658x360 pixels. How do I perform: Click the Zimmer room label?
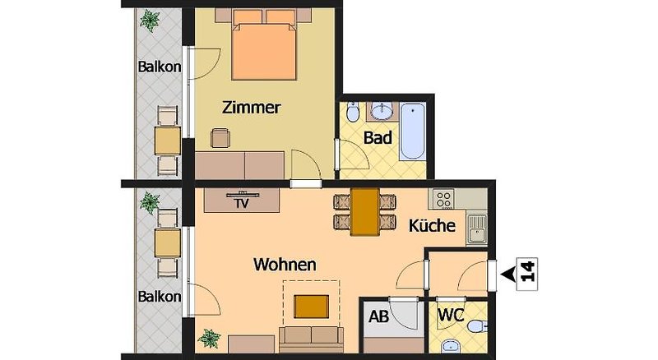(x=251, y=108)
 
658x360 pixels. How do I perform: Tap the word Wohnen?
(x=285, y=265)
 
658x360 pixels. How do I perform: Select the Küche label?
(x=432, y=226)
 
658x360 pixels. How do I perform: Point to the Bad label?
(x=378, y=137)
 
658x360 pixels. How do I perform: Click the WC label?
(x=451, y=315)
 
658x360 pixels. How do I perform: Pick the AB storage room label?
(x=378, y=316)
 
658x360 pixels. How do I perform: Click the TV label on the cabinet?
(x=242, y=204)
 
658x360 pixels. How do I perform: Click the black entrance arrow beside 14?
(x=507, y=275)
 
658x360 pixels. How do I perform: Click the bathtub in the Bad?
(x=413, y=131)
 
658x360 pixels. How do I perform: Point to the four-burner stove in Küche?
(x=443, y=199)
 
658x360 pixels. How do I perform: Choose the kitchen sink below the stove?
(x=477, y=229)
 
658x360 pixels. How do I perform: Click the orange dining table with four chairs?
(x=364, y=211)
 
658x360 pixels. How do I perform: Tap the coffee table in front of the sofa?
(x=312, y=307)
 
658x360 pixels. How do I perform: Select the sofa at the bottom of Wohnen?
(x=312, y=339)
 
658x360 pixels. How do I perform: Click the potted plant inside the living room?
(x=209, y=338)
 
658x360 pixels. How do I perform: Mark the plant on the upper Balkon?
(x=150, y=21)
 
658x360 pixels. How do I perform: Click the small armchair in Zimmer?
(x=220, y=138)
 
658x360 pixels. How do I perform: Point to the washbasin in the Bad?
(x=382, y=111)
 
